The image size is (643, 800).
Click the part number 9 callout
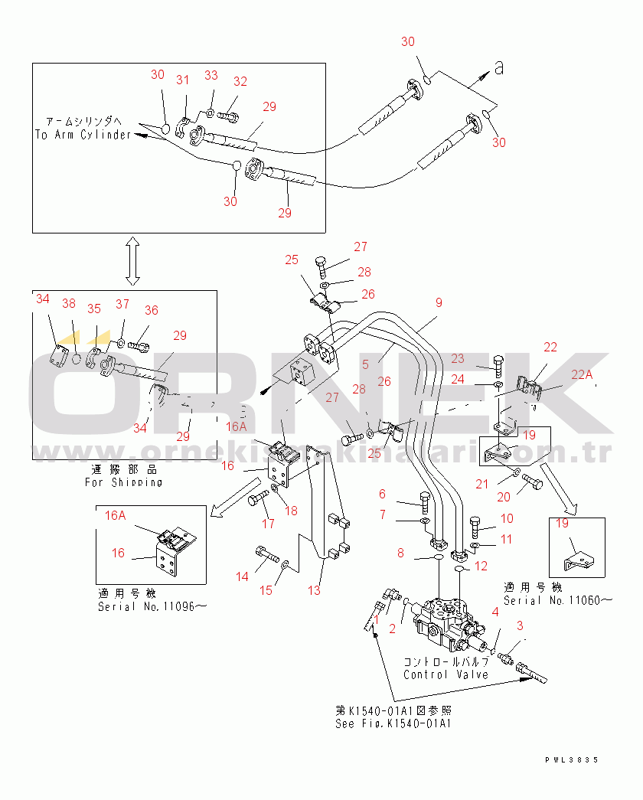coord(439,302)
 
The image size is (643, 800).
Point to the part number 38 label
coord(69,303)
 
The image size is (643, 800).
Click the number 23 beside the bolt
coord(478,358)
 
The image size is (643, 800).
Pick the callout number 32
coord(240,81)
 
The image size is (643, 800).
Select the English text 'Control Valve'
coord(446,674)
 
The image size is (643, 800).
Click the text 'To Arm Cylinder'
coord(83,135)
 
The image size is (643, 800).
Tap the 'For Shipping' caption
coord(123,482)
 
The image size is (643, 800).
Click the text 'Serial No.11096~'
coord(152,606)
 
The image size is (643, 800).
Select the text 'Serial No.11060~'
coord(557,600)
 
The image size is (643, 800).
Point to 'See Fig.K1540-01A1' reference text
coord(393,723)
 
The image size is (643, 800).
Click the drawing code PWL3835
coord(571,759)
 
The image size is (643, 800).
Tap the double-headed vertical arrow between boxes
coord(132,260)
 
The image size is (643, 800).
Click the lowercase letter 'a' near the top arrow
coord(499,68)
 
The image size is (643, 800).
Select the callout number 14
coord(243,576)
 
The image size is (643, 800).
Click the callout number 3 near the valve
coord(520,626)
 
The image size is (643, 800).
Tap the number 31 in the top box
coord(182,80)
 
